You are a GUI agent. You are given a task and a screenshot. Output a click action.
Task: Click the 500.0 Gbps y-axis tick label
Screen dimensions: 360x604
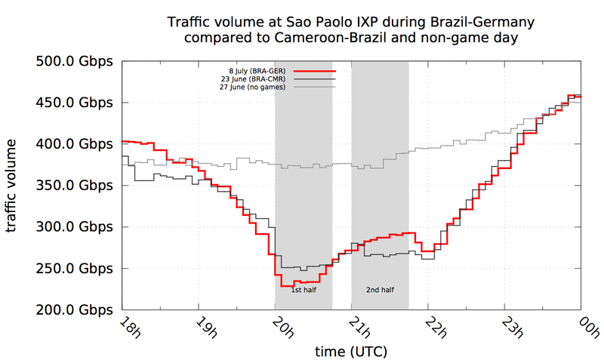click(73, 61)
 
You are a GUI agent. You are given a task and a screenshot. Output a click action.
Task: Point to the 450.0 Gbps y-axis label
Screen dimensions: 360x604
click(73, 103)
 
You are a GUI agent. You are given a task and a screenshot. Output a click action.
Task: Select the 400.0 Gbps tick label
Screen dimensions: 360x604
click(73, 144)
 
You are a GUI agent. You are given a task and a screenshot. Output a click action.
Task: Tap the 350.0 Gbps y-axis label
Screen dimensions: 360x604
click(73, 186)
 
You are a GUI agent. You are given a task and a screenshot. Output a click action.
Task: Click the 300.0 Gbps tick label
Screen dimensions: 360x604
click(73, 227)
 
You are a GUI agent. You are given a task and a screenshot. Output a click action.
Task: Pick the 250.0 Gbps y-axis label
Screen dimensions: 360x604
click(73, 269)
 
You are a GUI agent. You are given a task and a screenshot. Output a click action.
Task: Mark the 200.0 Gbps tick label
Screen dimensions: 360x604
click(73, 310)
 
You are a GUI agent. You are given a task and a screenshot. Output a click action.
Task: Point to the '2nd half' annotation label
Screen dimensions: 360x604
click(380, 289)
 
